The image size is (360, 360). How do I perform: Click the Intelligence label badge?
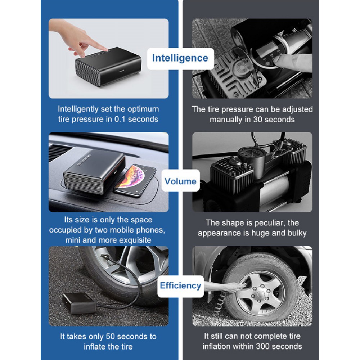180,59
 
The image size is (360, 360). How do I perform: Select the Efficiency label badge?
180,286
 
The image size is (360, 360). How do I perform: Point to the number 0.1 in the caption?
120,119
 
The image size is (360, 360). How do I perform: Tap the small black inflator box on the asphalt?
79,303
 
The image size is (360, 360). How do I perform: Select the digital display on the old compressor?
266,49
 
